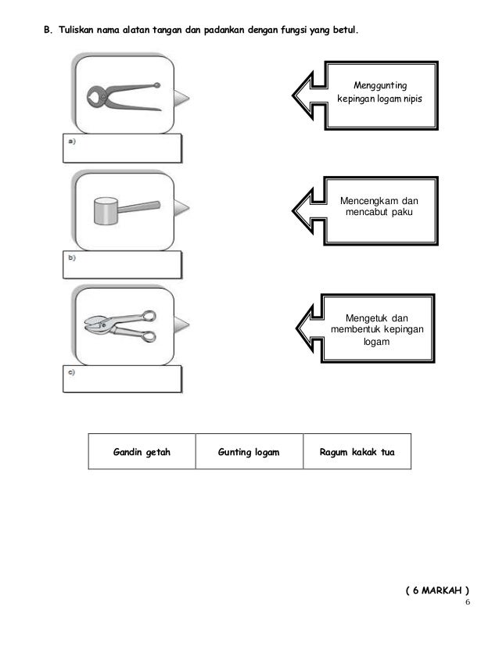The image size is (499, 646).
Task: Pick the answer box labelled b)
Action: click(x=121, y=264)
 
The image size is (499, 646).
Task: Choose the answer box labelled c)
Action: click(x=121, y=378)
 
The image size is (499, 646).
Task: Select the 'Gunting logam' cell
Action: click(x=249, y=452)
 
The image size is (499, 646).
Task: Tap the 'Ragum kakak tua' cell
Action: click(x=357, y=452)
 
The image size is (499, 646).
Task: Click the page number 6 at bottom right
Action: click(x=468, y=603)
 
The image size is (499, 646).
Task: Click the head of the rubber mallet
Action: click(x=103, y=211)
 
